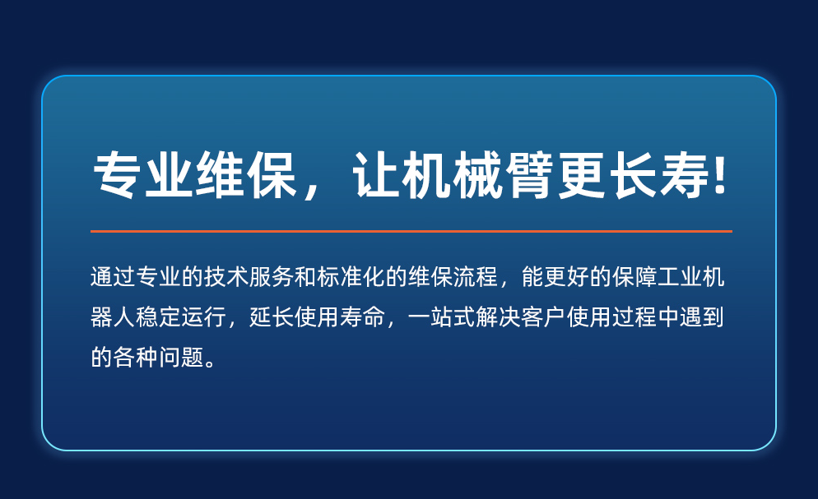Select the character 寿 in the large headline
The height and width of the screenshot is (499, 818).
[x=685, y=176]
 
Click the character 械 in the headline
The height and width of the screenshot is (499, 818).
[x=478, y=176]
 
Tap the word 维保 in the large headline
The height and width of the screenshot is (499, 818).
[x=246, y=176]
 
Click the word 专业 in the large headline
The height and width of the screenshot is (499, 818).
[x=143, y=176]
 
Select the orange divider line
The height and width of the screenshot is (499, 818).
[x=411, y=231]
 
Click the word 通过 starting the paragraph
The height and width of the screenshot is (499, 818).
[x=114, y=276]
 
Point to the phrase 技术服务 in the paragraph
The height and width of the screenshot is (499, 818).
[x=249, y=276]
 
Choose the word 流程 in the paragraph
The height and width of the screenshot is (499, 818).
[x=476, y=276]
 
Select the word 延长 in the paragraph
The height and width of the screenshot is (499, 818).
[x=272, y=316]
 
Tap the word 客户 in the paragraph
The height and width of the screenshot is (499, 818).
[x=544, y=316]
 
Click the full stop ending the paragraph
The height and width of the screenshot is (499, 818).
[x=210, y=363]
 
